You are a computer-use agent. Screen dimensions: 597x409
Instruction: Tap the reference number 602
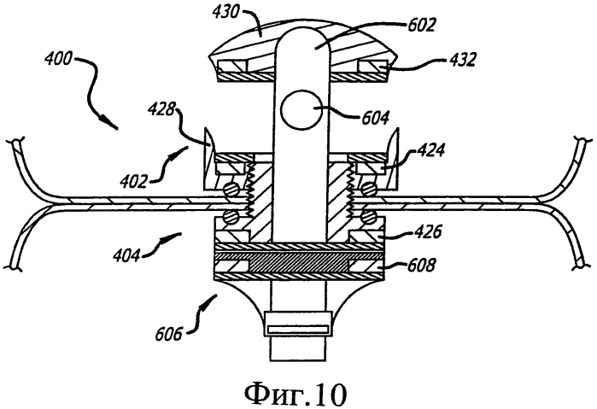pyautogui.click(x=421, y=25)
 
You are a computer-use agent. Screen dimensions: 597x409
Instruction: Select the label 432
pyautogui.click(x=462, y=60)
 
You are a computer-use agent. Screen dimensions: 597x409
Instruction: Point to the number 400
pyautogui.click(x=57, y=59)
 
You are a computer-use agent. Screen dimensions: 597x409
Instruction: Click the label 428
pyautogui.click(x=161, y=111)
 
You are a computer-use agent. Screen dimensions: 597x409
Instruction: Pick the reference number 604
pyautogui.click(x=375, y=118)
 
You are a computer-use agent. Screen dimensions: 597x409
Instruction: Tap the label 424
pyautogui.click(x=430, y=150)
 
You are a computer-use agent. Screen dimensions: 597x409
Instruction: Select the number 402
pyautogui.click(x=133, y=181)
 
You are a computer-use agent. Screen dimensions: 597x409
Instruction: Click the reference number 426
pyautogui.click(x=428, y=231)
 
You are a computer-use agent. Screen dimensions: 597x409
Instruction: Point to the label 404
pyautogui.click(x=126, y=254)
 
